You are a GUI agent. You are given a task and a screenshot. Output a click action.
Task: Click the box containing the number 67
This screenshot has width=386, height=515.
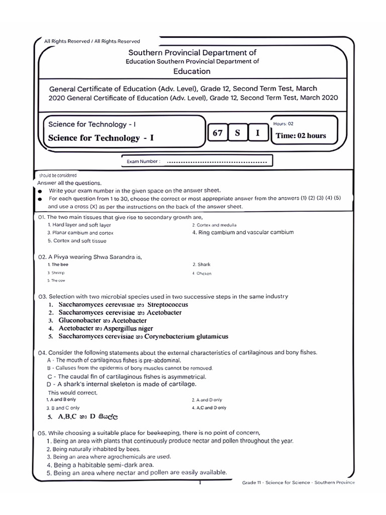coord(218,133)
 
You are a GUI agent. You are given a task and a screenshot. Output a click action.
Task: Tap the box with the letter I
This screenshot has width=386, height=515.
coord(258,133)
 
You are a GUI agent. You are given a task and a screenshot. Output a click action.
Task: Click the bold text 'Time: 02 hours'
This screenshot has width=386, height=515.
coord(301,136)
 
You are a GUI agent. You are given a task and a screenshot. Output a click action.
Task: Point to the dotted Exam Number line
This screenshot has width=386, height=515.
coord(216,162)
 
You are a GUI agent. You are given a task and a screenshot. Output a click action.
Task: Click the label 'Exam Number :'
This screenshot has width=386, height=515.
coord(143,162)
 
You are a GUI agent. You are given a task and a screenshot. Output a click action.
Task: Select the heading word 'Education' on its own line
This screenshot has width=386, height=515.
coord(191,71)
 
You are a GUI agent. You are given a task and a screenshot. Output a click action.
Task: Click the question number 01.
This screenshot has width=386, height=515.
coord(42,217)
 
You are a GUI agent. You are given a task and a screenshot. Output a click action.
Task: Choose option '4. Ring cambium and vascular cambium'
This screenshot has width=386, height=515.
coord(243,232)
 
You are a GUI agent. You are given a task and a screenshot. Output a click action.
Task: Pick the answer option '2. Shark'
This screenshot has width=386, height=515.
coord(201,265)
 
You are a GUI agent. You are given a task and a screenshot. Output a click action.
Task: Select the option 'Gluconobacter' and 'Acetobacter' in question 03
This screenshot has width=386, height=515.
coord(103,320)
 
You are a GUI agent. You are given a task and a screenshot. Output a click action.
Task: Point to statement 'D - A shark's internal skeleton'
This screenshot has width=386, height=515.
coord(121,384)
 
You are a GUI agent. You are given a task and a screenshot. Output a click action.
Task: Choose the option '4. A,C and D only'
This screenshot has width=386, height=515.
coord(209,408)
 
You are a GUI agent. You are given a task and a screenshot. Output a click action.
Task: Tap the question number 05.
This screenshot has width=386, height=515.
coord(42,433)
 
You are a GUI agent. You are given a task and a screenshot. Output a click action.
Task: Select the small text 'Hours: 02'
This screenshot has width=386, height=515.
coord(283,123)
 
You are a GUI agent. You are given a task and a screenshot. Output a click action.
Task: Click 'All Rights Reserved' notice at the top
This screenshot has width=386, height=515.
coord(92,41)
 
